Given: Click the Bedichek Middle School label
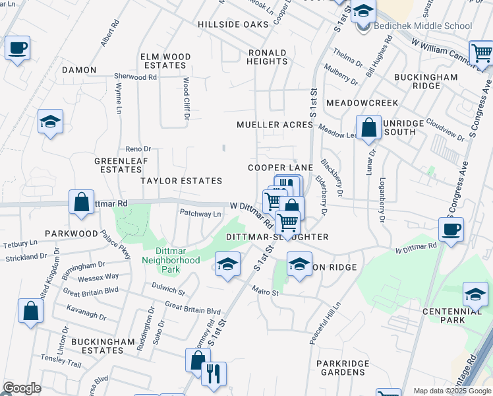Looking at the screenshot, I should (x=422, y=26).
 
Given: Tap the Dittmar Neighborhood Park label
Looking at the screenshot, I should (x=171, y=255).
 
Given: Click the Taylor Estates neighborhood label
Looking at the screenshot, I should (x=181, y=180).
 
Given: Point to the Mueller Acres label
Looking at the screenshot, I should (x=274, y=125).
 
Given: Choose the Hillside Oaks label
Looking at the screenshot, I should (x=233, y=24).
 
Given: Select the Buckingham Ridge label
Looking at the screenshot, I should (x=426, y=82).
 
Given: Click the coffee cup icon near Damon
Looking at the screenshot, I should (x=17, y=48).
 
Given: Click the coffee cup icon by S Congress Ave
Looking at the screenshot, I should (x=451, y=230).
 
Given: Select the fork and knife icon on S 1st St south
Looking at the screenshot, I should (x=213, y=374).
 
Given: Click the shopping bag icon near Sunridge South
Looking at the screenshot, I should (x=369, y=127).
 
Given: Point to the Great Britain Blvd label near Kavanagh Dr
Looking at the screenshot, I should (x=91, y=290).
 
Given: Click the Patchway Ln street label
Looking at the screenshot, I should (x=201, y=213).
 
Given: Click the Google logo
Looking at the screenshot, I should (x=21, y=388).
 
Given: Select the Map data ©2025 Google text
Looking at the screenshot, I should (x=451, y=391).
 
